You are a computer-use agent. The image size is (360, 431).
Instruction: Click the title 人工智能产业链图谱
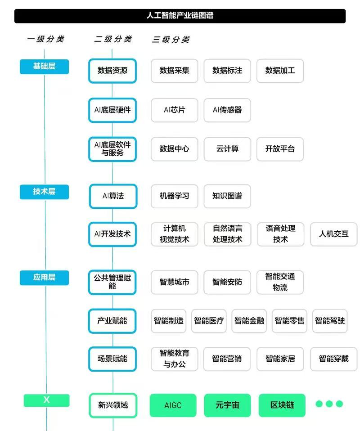(180, 15)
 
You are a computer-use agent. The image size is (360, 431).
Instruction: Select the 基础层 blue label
(44, 67)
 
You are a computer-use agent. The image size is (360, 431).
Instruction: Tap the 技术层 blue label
(44, 192)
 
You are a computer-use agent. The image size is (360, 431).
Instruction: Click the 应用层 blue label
(44, 278)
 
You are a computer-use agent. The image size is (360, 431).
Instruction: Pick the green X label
(46, 400)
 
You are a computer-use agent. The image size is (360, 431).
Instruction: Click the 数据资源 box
(112, 71)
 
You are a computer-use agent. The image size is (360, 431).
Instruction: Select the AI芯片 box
(174, 110)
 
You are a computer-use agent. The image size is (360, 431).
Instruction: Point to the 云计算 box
(227, 149)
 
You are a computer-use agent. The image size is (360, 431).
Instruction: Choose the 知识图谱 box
(227, 196)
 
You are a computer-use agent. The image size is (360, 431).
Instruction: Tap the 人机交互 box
(333, 234)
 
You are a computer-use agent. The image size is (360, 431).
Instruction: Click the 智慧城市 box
(174, 282)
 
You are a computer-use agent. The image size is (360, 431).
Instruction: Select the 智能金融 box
(249, 321)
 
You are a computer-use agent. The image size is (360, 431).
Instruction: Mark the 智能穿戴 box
(333, 359)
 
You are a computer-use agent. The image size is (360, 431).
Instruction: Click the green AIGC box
(173, 405)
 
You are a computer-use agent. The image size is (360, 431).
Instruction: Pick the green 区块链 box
(282, 405)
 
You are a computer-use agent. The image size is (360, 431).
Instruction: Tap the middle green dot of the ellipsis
(329, 404)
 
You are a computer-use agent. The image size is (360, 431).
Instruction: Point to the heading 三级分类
(171, 40)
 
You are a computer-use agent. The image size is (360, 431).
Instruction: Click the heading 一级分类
(45, 39)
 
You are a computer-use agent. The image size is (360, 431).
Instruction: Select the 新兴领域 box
(113, 405)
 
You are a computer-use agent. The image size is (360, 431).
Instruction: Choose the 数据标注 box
(227, 71)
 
